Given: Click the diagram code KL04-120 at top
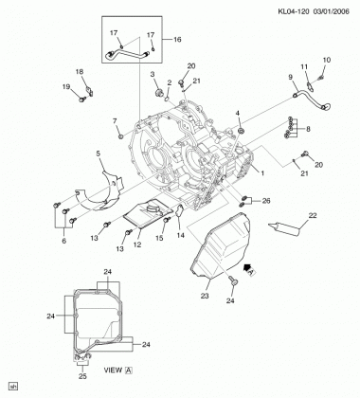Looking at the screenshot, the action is pyautogui.click(x=294, y=11).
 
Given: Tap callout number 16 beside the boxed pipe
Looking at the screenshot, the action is pyautogui.click(x=177, y=40).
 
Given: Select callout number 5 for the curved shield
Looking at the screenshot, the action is pyautogui.click(x=98, y=154).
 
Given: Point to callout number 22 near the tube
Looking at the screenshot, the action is pyautogui.click(x=313, y=215).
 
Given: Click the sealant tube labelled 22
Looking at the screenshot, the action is pyautogui.click(x=283, y=229).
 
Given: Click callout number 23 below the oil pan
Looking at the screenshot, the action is pyautogui.click(x=205, y=296).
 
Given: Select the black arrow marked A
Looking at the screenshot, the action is pyautogui.click(x=250, y=271).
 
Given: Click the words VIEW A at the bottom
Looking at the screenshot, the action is pyautogui.click(x=118, y=371).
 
